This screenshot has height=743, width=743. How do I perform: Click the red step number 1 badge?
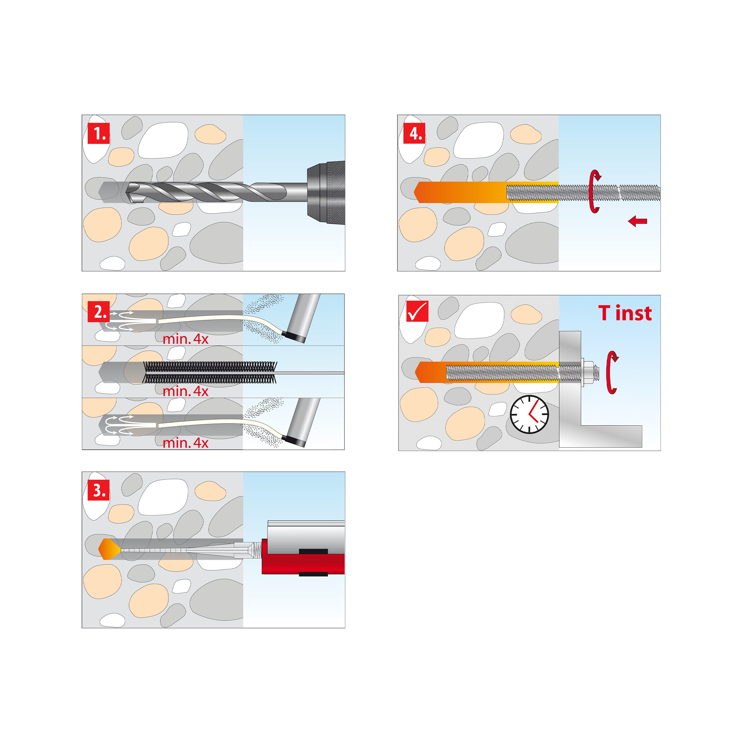click(x=99, y=133)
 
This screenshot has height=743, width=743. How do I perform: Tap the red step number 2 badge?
click(x=99, y=312)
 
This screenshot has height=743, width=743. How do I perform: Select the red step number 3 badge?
click(x=99, y=490)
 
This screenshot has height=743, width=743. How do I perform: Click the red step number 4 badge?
click(x=414, y=133)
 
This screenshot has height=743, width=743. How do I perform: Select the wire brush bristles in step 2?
click(x=210, y=372)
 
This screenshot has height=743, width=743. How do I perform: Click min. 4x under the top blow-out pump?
click(x=185, y=339)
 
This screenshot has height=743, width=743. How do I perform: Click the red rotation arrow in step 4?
click(x=594, y=191)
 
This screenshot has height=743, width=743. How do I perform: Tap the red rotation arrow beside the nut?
click(x=612, y=372)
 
